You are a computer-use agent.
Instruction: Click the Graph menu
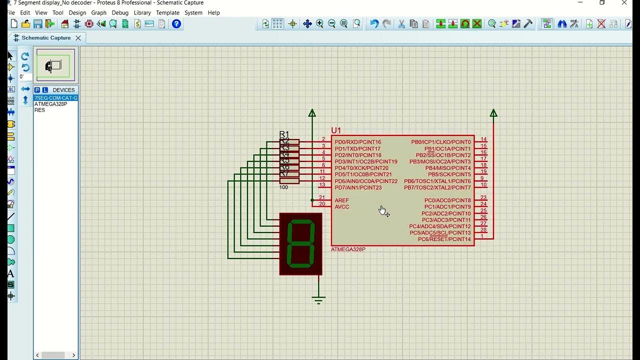click(98, 12)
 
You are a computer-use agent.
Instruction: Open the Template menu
click(167, 12)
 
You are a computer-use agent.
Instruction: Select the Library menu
click(142, 12)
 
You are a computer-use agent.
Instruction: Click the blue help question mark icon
click(176, 23)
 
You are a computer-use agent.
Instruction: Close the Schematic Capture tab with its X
click(78, 38)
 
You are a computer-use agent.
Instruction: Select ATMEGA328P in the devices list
click(50, 104)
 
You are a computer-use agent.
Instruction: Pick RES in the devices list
click(40, 110)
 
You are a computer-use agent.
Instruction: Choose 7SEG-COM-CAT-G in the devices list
click(55, 98)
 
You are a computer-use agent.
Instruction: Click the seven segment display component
click(300, 244)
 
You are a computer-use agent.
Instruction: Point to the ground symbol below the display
click(318, 300)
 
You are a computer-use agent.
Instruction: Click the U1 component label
click(336, 130)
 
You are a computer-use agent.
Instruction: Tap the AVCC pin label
click(342, 207)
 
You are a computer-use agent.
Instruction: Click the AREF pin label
click(342, 200)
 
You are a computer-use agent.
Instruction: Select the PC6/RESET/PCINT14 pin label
click(444, 239)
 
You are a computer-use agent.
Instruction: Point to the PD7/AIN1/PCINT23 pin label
click(358, 187)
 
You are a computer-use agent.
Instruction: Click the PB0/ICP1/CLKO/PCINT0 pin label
click(440, 142)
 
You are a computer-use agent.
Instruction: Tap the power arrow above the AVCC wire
click(312, 113)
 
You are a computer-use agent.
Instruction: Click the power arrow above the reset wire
click(493, 113)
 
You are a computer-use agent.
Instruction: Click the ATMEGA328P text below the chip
click(348, 249)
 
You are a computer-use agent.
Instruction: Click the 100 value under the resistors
click(283, 187)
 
